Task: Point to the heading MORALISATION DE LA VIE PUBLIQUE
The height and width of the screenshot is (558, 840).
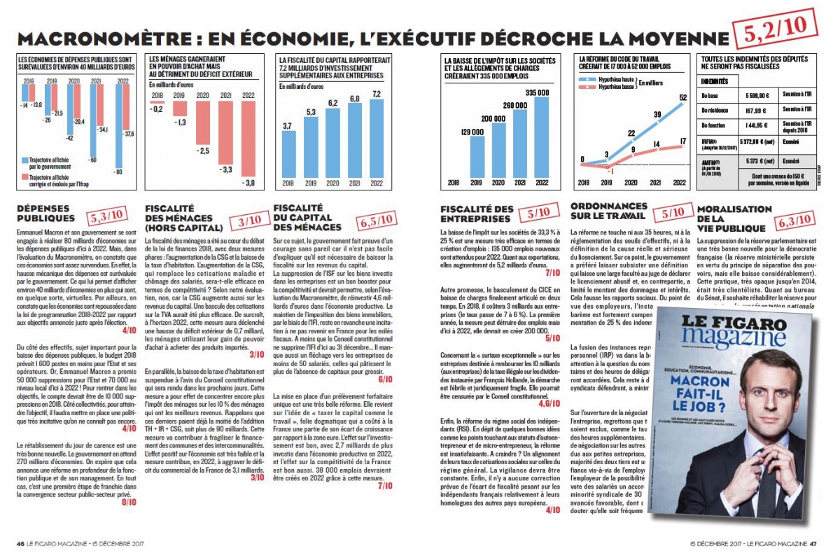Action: tap(734, 219)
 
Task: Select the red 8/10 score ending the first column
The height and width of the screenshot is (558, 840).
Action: tap(129, 503)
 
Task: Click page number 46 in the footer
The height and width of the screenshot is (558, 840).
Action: tap(21, 542)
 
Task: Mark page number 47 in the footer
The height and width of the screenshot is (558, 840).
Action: tap(813, 542)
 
